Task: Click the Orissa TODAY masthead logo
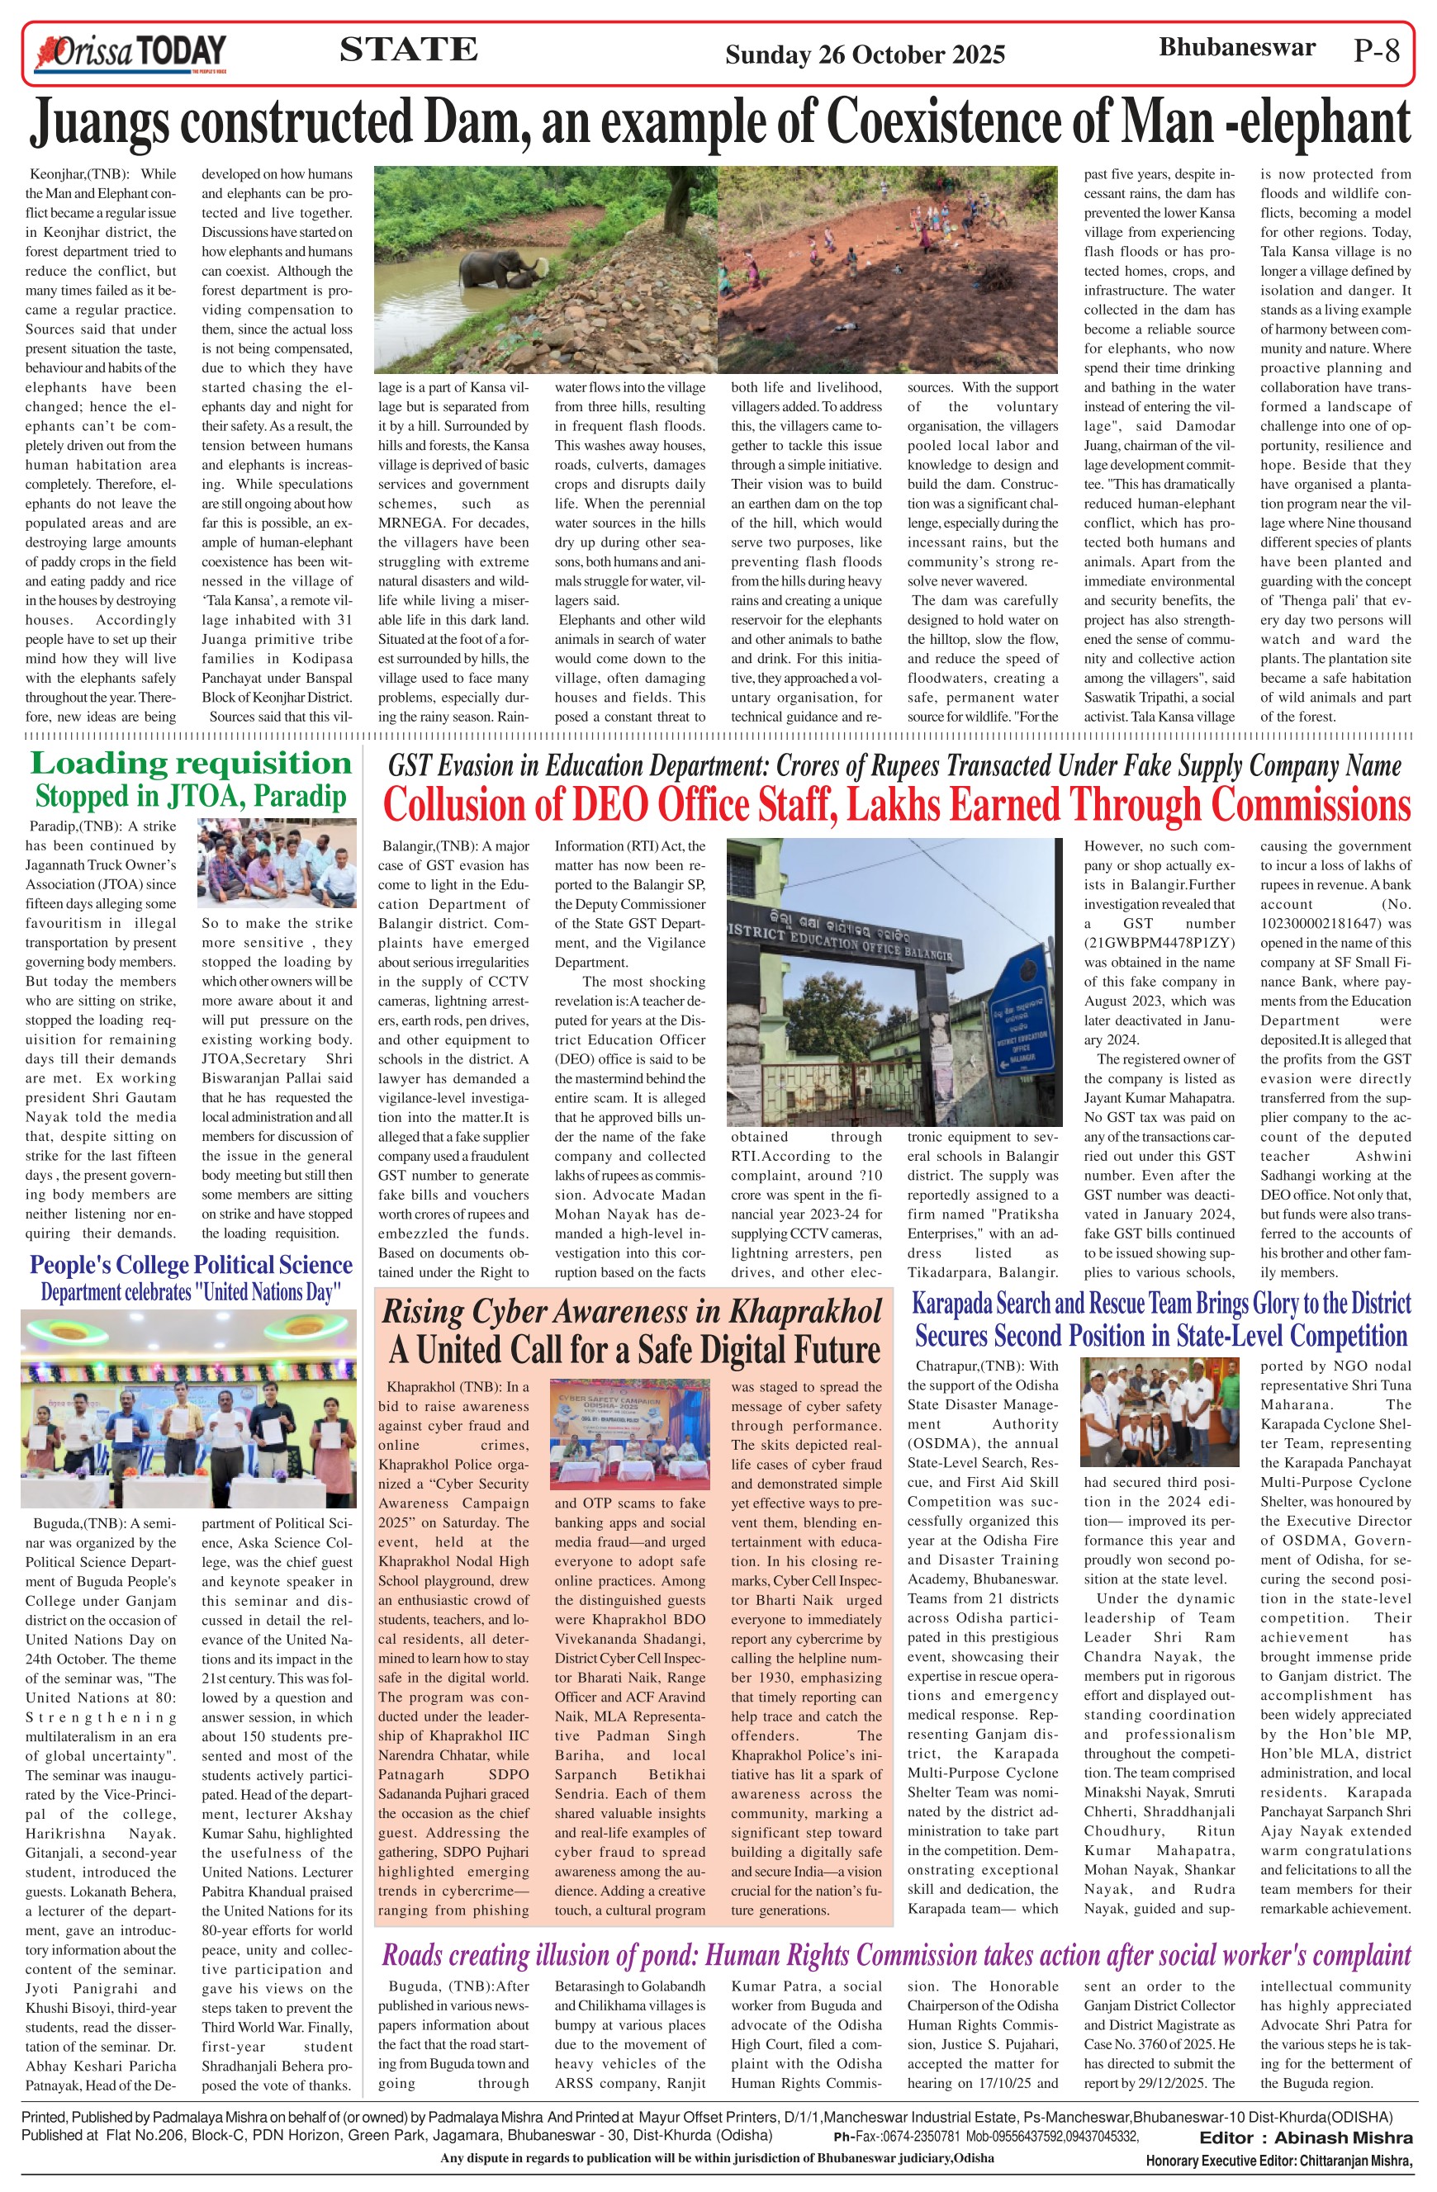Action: click(130, 54)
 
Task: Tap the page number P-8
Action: click(1376, 50)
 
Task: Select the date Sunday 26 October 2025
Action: click(864, 54)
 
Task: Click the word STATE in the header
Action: click(408, 50)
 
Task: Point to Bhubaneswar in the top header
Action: click(1236, 48)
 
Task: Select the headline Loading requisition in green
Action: click(191, 764)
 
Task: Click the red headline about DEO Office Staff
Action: click(895, 805)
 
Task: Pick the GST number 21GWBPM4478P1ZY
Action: click(1159, 942)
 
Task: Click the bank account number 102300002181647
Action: click(1335, 923)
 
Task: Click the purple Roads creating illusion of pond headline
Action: click(895, 1955)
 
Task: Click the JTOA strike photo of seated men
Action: click(277, 863)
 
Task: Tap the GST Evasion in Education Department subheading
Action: click(894, 765)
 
